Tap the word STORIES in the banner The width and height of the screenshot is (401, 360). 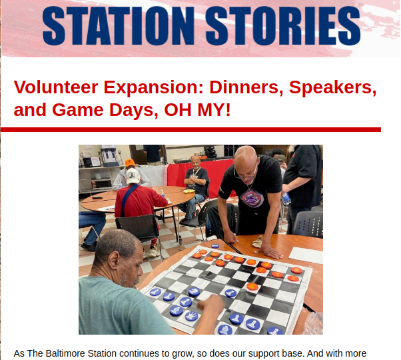pyautogui.click(x=283, y=25)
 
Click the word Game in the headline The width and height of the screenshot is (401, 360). pyautogui.click(x=78, y=110)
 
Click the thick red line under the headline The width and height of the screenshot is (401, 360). pyautogui.click(x=191, y=130)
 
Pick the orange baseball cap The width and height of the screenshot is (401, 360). pyautogui.click(x=130, y=163)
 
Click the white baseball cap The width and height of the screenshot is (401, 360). pyautogui.click(x=133, y=176)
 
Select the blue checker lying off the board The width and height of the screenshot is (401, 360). pyautogui.click(x=215, y=246)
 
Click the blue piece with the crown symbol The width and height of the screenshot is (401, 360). pyautogui.click(x=191, y=316)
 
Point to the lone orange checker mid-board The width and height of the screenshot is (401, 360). pyautogui.click(x=252, y=287)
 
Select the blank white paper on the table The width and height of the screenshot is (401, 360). pyautogui.click(x=306, y=255)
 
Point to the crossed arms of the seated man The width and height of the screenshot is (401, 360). pyautogui.click(x=196, y=181)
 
